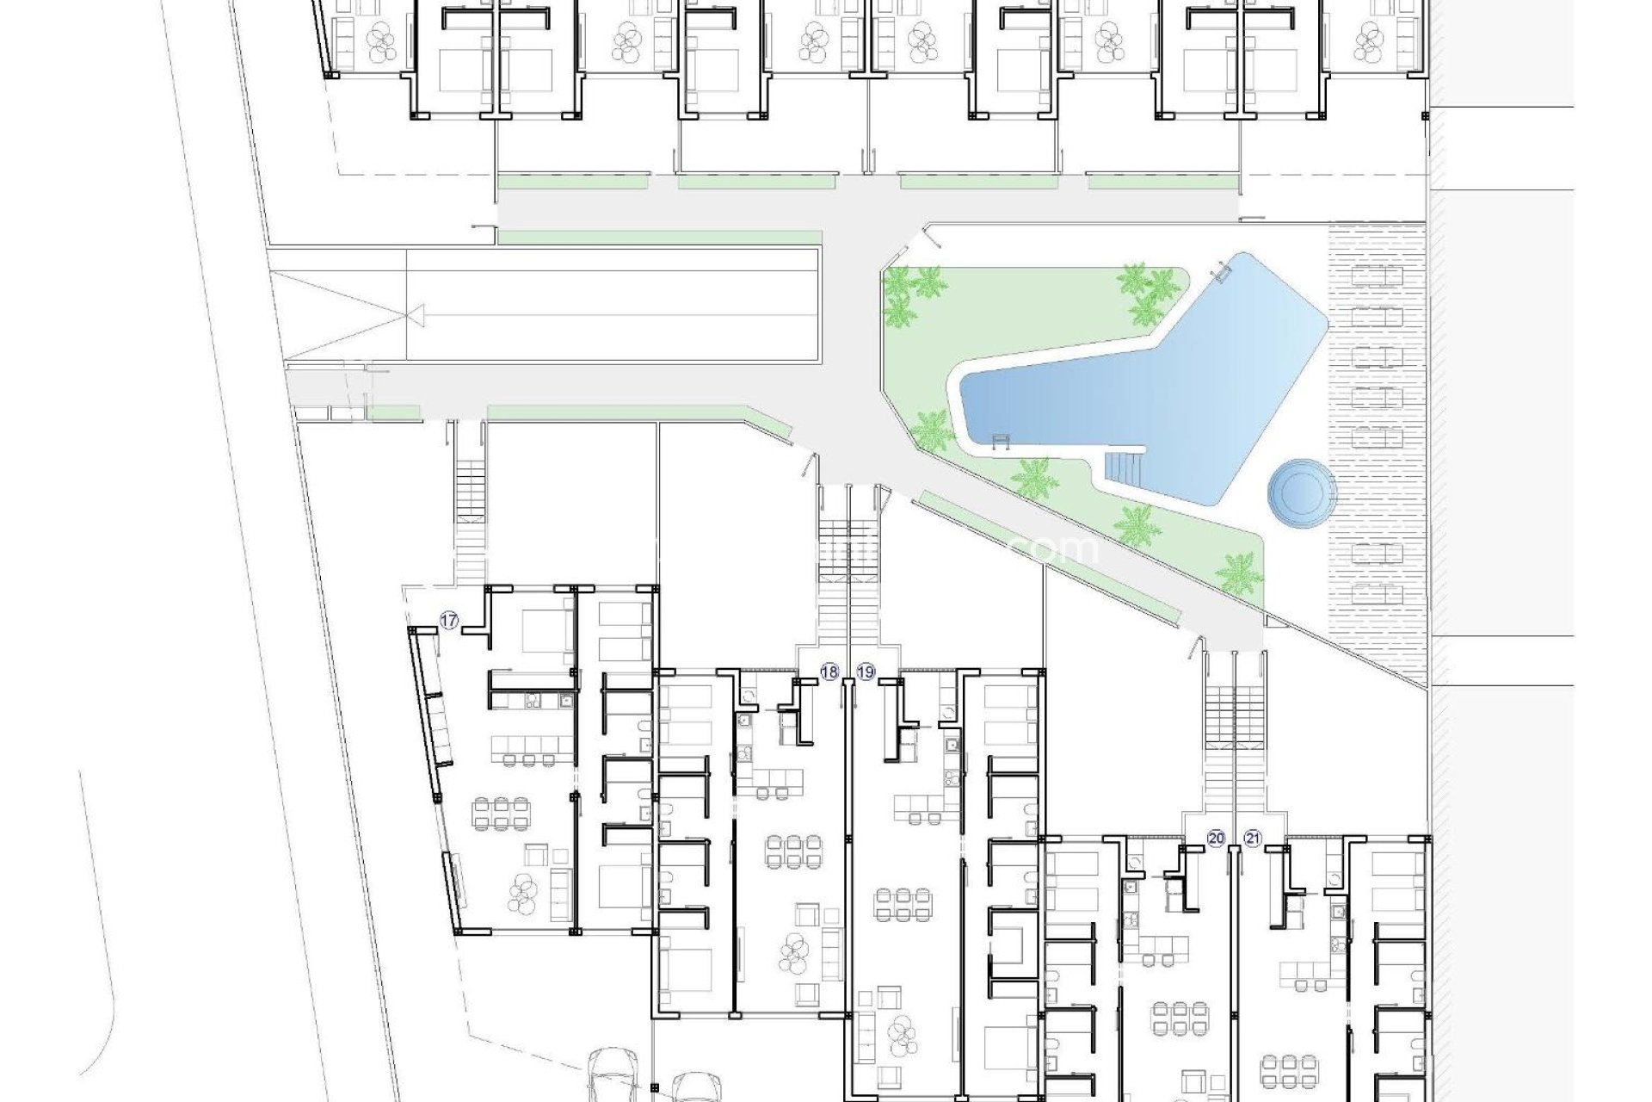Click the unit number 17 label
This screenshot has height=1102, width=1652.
coord(448,619)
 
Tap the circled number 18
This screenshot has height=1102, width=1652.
coord(829,672)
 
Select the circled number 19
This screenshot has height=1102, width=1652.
coord(866,672)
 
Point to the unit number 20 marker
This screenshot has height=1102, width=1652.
coord(1216,839)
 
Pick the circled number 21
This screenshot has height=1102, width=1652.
coord(1252,839)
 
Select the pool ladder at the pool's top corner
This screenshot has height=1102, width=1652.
coord(1221,272)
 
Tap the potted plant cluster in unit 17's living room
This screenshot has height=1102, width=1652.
coord(521,892)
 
